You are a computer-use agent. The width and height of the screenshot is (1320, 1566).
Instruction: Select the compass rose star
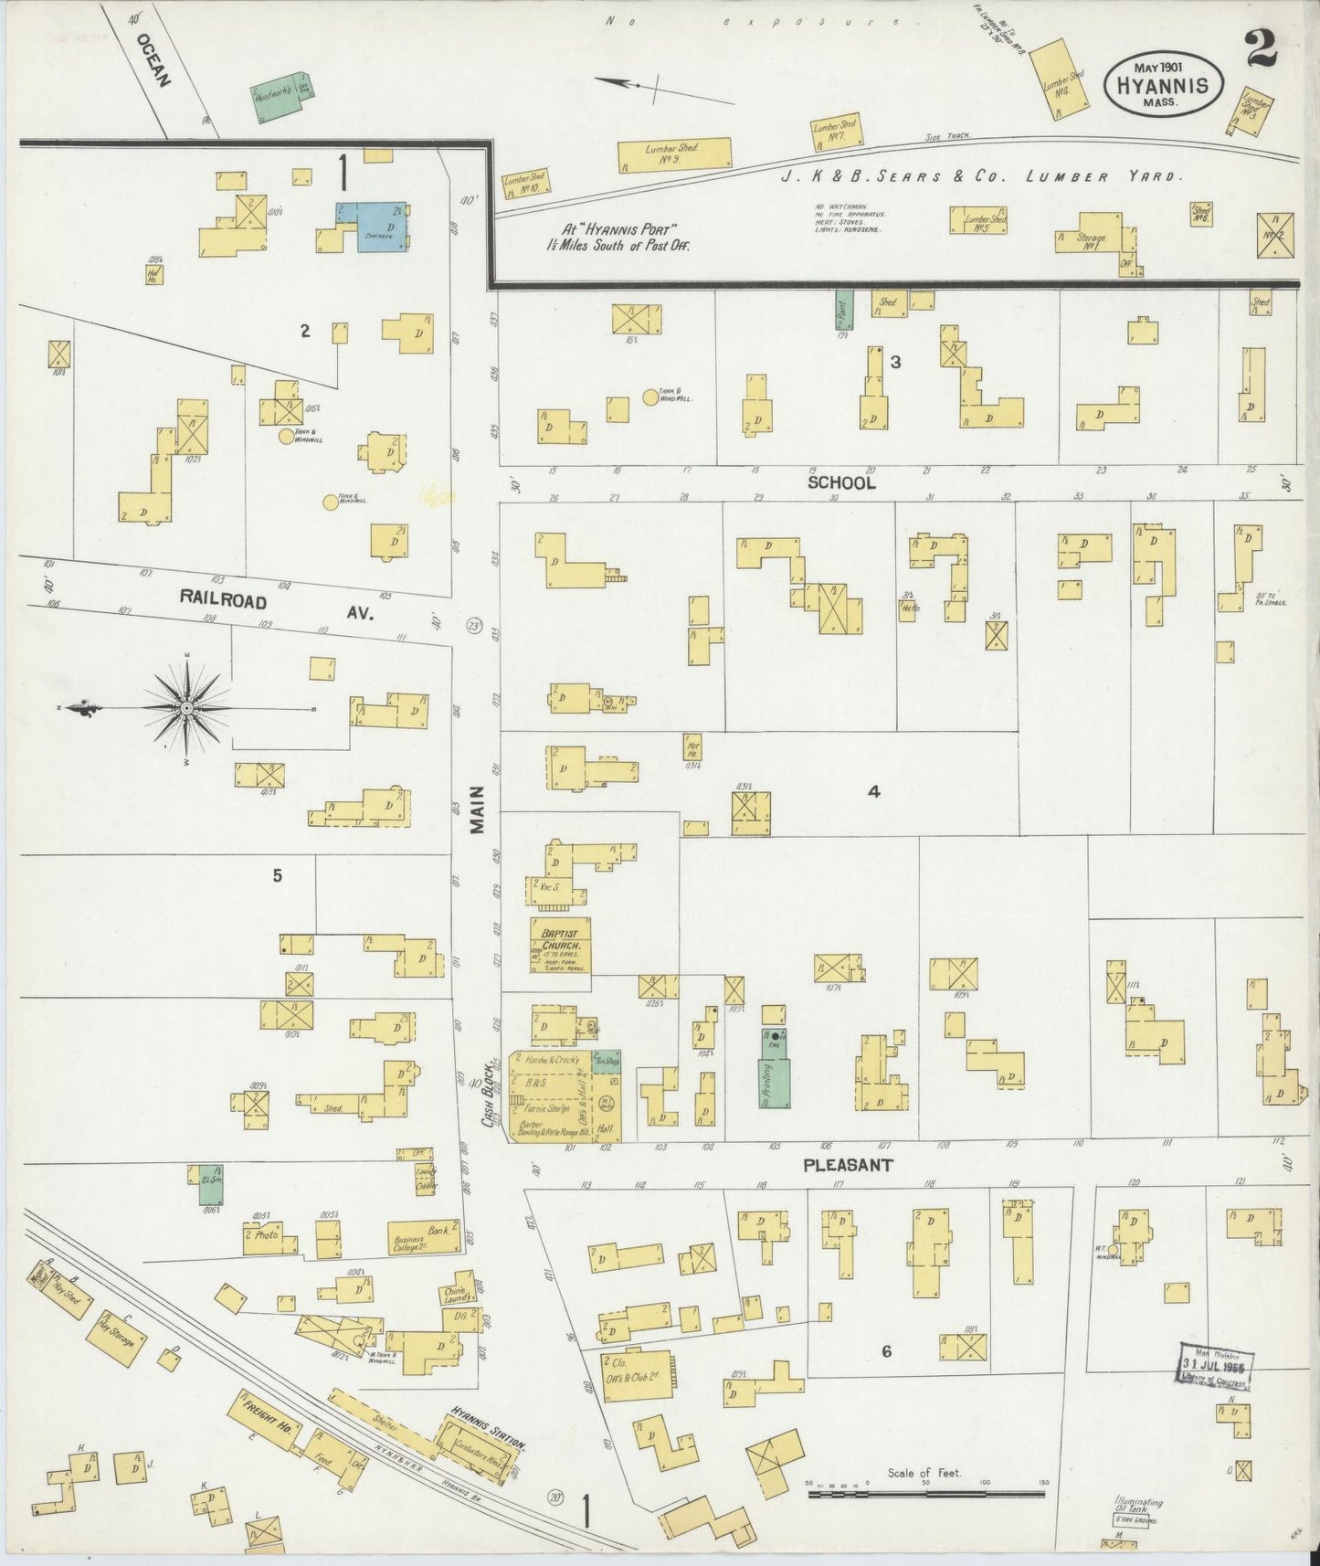pyautogui.click(x=185, y=708)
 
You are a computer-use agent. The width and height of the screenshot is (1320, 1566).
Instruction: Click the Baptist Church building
pyautogui.click(x=560, y=946)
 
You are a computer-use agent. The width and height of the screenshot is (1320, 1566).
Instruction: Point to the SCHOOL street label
pyautogui.click(x=840, y=482)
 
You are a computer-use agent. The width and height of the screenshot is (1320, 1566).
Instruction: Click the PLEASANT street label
pyautogui.click(x=847, y=1166)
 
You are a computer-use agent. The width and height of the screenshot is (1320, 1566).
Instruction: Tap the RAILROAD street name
pyautogui.click(x=223, y=600)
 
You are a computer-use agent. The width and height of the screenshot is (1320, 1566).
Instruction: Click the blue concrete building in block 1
pyautogui.click(x=372, y=224)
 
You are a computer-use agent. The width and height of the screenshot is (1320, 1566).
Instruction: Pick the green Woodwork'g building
pyautogui.click(x=280, y=96)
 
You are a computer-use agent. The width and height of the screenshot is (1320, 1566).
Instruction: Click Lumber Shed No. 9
pyautogui.click(x=674, y=154)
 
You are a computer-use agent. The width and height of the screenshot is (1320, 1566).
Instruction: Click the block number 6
pyautogui.click(x=885, y=1351)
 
